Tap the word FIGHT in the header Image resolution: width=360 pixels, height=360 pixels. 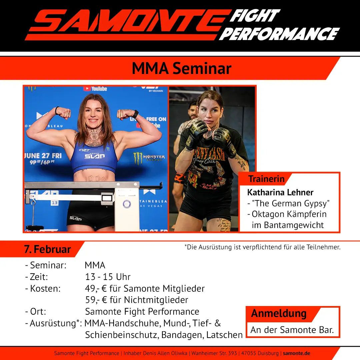(x=255, y=16)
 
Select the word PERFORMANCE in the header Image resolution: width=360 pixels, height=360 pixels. (x=279, y=34)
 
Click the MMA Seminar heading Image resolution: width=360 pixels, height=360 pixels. (x=182, y=68)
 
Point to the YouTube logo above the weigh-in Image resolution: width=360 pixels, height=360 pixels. (x=95, y=89)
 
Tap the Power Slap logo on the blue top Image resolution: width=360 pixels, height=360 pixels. (x=95, y=156)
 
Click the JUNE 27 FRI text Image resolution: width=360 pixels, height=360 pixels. (x=43, y=156)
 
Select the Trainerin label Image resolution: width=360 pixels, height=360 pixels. (x=266, y=179)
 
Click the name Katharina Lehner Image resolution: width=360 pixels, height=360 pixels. (x=280, y=192)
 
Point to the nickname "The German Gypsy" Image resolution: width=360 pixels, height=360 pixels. (x=291, y=203)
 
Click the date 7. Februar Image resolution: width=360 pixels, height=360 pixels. (x=48, y=249)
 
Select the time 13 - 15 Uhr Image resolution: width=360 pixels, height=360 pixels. (x=108, y=277)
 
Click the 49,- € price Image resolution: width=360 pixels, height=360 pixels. (x=96, y=289)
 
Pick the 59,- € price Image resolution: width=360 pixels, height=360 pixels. (x=96, y=300)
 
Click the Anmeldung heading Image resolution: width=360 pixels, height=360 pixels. (x=279, y=313)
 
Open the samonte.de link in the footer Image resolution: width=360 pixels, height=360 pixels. (x=296, y=353)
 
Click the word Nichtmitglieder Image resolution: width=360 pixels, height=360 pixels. (x=156, y=300)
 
